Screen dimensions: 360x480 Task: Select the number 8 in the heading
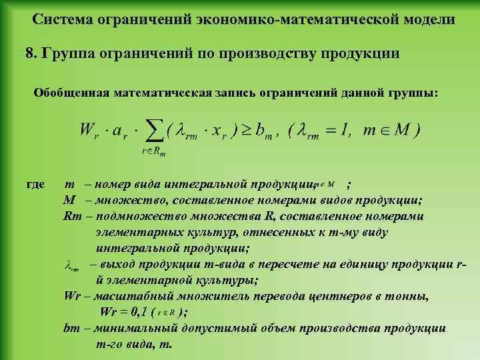[29, 53]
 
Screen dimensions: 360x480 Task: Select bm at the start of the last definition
[71, 328]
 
